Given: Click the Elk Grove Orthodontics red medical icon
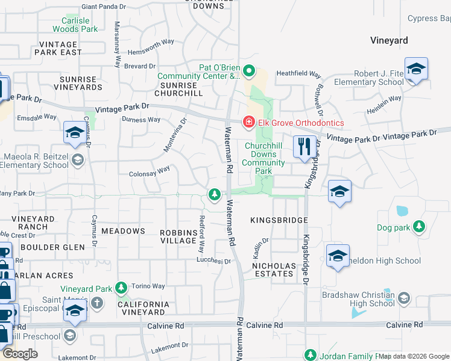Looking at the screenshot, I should [248, 123].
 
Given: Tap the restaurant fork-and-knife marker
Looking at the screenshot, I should [304, 146].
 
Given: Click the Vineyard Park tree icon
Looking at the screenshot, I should [122, 289].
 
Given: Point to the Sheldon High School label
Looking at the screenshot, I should [389, 261].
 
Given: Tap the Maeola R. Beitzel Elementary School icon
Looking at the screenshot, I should [77, 159].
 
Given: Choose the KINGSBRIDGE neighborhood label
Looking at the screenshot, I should [279, 221].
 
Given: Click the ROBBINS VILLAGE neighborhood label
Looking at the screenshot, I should [178, 236].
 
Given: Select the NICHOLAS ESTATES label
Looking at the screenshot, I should [274, 270].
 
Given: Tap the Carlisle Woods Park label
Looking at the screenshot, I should [75, 24].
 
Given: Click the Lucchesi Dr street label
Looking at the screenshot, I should [214, 261].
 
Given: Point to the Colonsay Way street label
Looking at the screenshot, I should [150, 173].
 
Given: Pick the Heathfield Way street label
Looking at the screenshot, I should [298, 74].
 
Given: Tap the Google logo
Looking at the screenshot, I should [21, 353].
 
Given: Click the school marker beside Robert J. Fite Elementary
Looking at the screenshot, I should [416, 69].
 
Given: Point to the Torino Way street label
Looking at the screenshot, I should [149, 286].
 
